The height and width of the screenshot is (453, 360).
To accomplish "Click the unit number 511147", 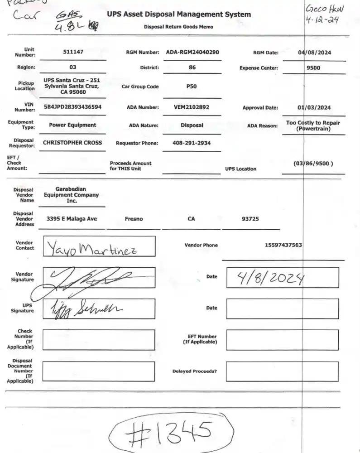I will (73, 52).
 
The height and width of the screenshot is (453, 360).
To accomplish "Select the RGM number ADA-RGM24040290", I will (192, 52).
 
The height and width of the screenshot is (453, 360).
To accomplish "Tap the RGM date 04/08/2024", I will (314, 53).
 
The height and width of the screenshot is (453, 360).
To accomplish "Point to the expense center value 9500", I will (313, 68).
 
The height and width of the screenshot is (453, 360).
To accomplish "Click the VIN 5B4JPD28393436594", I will (72, 107).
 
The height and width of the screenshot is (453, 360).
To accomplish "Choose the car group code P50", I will (192, 86).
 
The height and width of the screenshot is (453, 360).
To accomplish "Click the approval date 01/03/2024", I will (314, 108).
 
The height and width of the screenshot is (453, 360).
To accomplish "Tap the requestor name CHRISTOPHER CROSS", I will (72, 143).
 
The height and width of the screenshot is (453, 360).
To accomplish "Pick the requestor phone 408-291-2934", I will (192, 143).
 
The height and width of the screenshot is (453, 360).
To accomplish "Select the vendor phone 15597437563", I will (283, 245).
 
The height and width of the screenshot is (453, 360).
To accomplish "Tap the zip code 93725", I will (250, 219).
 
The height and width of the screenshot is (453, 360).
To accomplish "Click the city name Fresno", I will (134, 219).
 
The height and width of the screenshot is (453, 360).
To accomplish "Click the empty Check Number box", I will (99, 340).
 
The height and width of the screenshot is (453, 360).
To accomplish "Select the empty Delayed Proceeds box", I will (282, 371).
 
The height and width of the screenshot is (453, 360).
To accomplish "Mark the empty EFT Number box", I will (282, 340).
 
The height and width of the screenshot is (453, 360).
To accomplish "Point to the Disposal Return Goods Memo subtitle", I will (178, 27).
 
